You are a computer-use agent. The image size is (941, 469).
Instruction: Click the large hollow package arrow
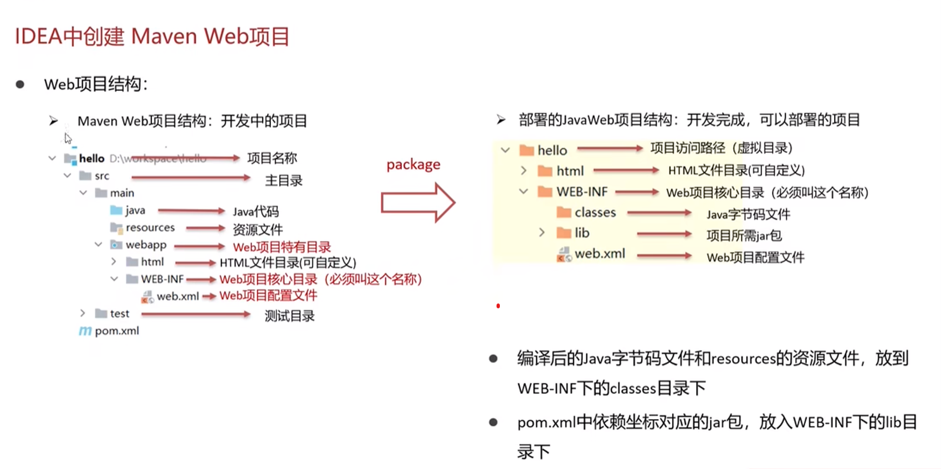point(417,203)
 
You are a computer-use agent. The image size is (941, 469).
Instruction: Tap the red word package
point(413,164)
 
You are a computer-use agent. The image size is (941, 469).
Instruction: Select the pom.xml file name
point(117,331)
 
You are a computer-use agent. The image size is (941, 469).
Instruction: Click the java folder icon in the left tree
point(116,210)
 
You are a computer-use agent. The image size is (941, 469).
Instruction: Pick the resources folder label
point(150,228)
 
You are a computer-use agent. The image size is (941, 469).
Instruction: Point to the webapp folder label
point(146,245)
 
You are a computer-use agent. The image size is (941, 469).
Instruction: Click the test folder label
point(119,313)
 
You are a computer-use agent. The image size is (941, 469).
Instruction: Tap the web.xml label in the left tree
point(177,296)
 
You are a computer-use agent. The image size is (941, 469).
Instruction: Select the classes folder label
point(595,213)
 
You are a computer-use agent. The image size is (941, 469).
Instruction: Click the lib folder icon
point(564,233)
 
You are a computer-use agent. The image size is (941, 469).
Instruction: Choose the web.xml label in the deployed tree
point(600,254)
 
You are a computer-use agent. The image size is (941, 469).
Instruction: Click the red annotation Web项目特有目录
point(282,247)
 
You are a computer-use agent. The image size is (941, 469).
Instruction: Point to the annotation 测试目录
point(289,316)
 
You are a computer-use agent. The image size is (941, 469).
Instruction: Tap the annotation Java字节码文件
point(748,214)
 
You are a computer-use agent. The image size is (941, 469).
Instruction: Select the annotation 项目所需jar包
point(744,236)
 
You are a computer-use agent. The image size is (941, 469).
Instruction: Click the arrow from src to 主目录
point(191,177)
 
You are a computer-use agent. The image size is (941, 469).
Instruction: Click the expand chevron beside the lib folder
point(542,233)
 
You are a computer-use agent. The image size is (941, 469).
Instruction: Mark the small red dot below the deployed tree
point(498,306)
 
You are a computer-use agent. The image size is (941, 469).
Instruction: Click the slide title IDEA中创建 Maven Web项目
point(152,37)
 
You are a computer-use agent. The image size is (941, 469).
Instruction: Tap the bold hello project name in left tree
point(91,158)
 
